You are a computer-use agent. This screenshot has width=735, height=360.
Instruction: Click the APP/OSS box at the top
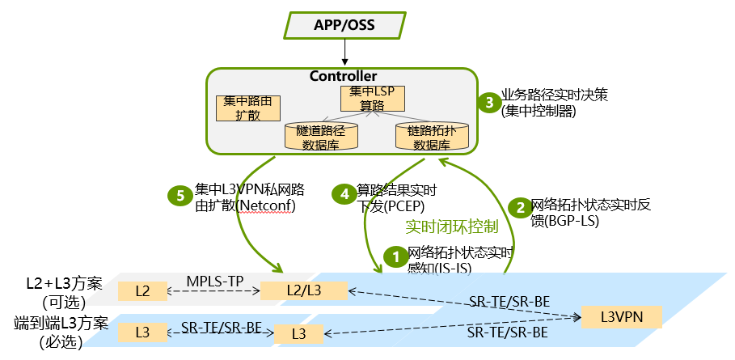tap(344, 24)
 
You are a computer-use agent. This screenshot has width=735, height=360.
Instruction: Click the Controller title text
tap(343, 76)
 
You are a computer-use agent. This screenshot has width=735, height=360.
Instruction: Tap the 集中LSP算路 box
tap(372, 100)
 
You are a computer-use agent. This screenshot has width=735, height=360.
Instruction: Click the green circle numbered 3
tap(488, 103)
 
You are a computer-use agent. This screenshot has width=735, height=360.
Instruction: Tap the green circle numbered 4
tap(344, 193)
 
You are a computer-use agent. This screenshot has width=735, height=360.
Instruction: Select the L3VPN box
tap(621, 316)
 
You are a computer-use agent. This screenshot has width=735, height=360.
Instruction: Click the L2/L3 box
tap(303, 290)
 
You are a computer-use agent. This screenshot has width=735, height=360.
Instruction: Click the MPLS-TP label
tap(211, 279)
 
